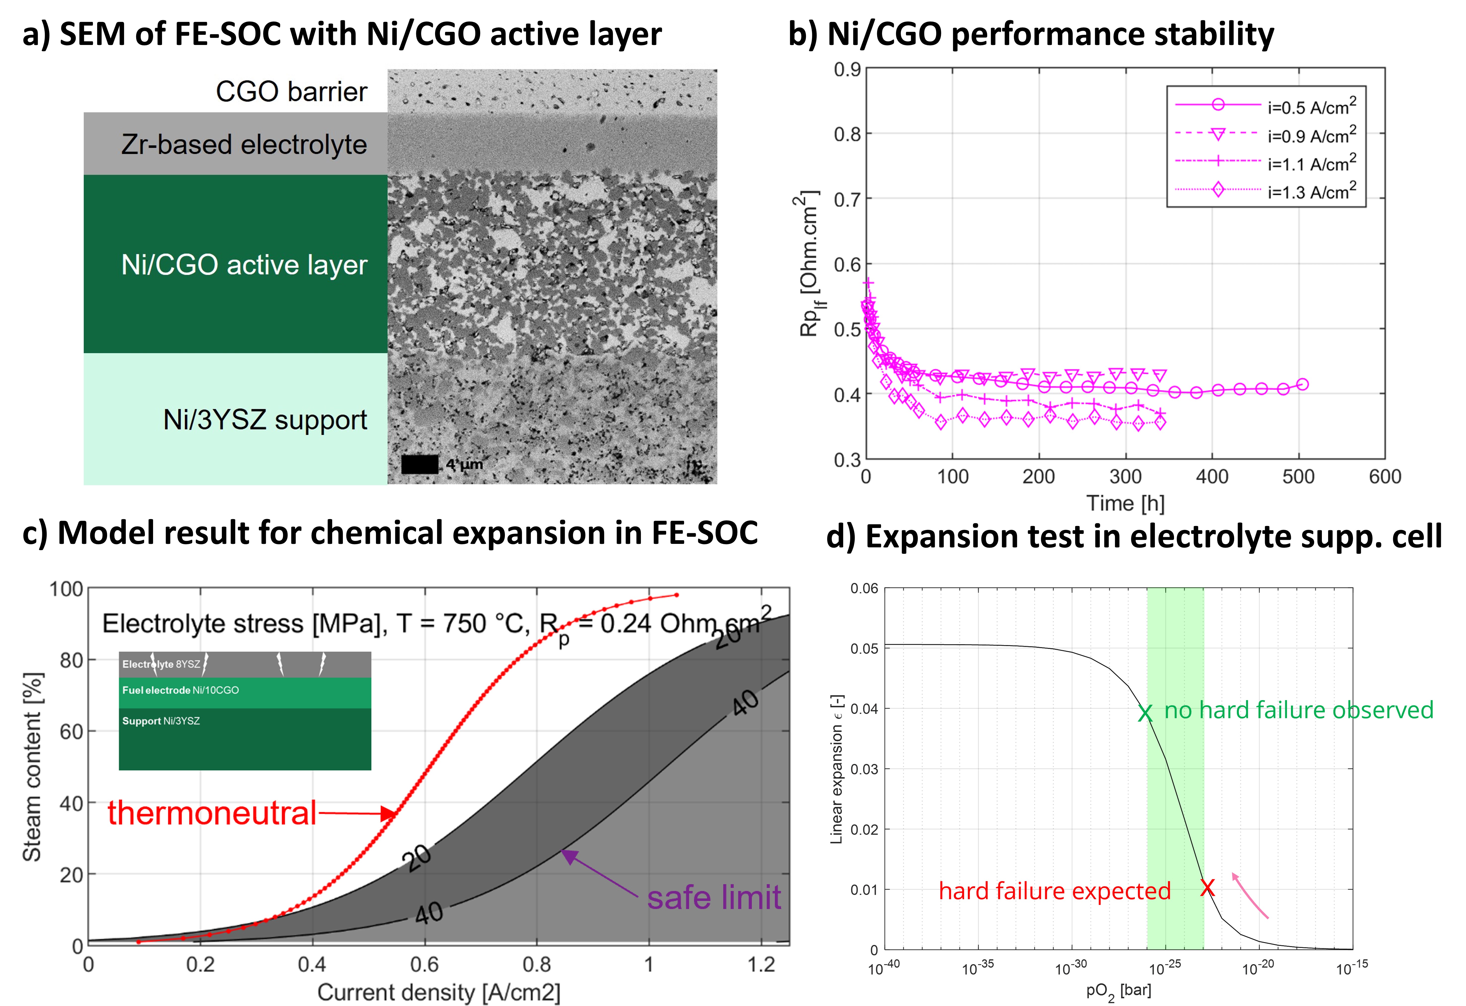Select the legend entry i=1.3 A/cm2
[x=1311, y=191]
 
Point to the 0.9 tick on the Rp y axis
[x=847, y=69]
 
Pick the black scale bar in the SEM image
[x=419, y=465]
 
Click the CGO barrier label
[x=291, y=91]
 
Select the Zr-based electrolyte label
[x=244, y=144]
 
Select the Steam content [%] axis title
[x=32, y=766]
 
